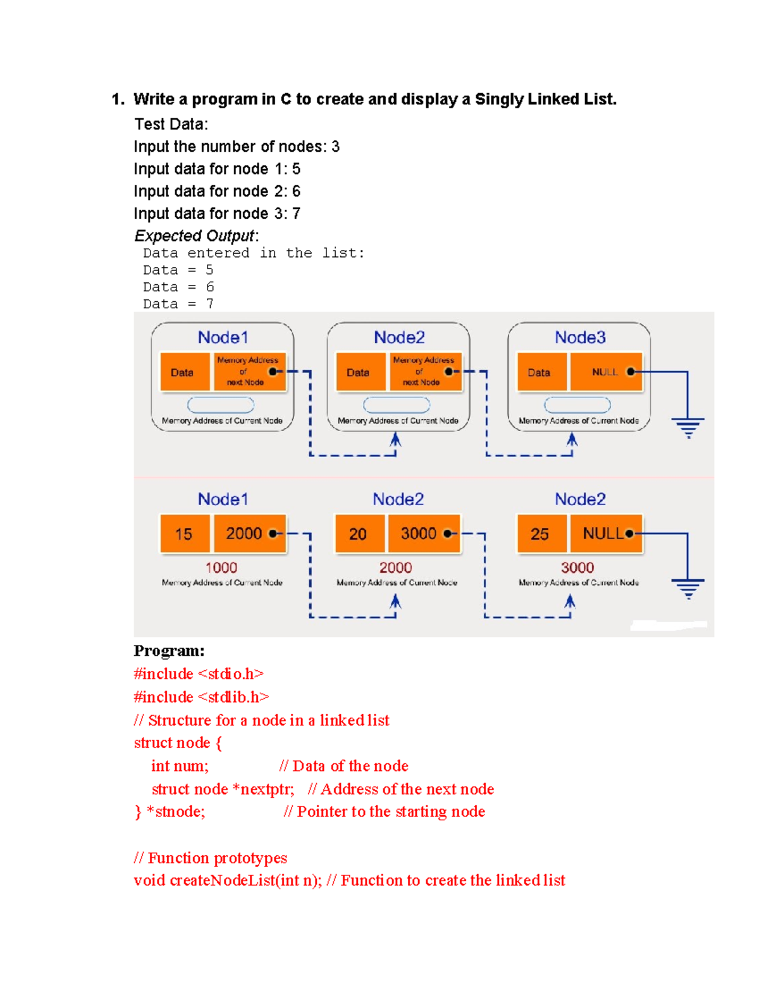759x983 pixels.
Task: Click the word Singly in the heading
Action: (499, 99)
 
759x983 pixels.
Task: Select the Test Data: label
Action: (171, 124)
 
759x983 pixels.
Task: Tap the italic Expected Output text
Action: (195, 236)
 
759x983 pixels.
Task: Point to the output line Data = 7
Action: (178, 304)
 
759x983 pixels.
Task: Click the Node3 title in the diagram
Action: (580, 337)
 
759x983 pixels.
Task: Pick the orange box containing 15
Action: (183, 534)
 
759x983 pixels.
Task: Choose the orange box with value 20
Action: (358, 534)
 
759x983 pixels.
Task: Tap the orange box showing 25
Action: (540, 534)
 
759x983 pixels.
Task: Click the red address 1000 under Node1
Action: (221, 568)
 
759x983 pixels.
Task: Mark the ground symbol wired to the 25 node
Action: (688, 588)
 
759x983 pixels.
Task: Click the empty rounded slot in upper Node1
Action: (221, 404)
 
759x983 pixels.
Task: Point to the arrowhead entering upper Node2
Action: (395, 439)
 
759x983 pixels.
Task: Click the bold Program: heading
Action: (169, 651)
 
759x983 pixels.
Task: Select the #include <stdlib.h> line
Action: (201, 697)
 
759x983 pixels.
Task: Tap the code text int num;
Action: (180, 766)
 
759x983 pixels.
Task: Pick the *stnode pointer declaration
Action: (176, 812)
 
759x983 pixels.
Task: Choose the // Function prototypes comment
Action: (210, 858)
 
